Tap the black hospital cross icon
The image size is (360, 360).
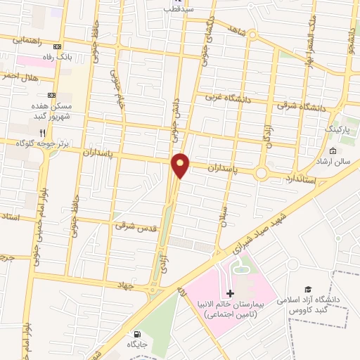point(230,293)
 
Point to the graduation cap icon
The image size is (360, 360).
point(307,289)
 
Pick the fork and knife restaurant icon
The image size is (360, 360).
point(42,132)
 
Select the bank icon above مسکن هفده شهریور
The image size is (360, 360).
point(51,95)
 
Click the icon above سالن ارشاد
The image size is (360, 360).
point(332,151)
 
